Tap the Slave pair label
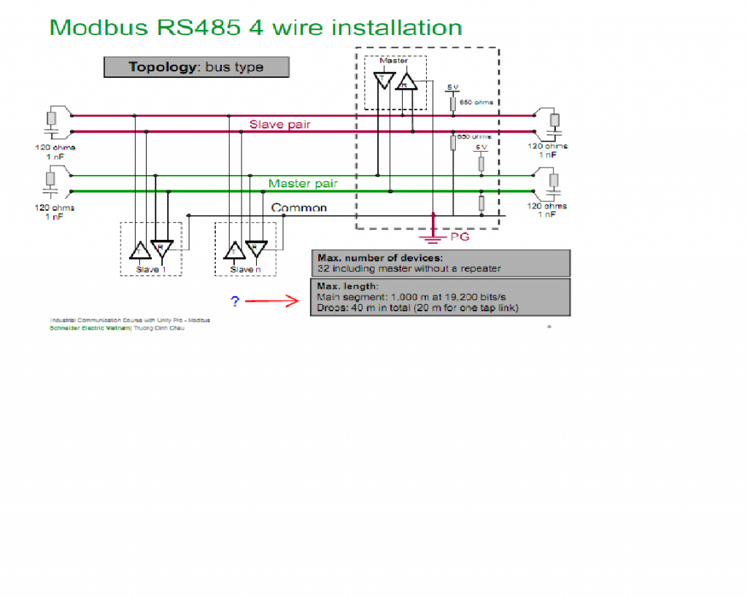[x=279, y=125]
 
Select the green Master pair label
[x=302, y=184]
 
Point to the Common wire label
[x=299, y=208]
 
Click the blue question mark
[x=235, y=301]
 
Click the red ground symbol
[x=433, y=233]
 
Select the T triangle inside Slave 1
[x=139, y=251]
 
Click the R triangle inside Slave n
[x=256, y=248]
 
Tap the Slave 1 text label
[x=151, y=270]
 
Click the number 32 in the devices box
[x=322, y=268]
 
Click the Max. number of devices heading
[x=379, y=257]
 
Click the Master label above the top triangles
[x=394, y=61]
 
